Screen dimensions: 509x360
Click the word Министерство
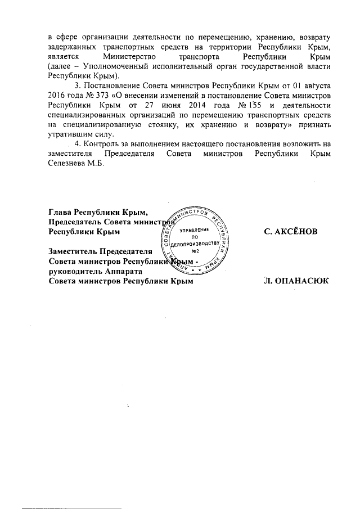click(128, 57)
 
